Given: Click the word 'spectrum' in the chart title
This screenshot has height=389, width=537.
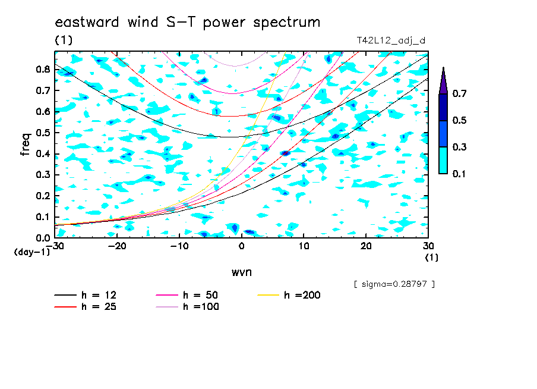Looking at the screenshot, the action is [287, 23].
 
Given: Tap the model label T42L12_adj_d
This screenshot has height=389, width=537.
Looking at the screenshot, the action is [391, 41].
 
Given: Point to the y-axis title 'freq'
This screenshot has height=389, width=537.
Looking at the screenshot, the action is [26, 145].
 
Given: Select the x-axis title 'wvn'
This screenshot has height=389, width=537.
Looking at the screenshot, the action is [241, 272].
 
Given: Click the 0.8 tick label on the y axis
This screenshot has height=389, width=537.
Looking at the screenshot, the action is [43, 69].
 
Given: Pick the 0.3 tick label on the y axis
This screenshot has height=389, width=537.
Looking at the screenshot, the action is [43, 175].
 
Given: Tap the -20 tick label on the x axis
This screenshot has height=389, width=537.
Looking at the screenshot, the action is [117, 246].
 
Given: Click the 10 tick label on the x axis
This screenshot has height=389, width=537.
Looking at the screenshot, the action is [304, 246].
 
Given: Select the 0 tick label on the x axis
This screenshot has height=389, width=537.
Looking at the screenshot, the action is [241, 246].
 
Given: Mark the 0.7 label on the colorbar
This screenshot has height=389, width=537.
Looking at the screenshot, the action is [459, 93].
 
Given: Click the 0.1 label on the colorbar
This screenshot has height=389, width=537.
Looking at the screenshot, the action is [459, 174].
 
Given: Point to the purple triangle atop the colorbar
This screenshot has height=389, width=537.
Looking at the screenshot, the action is [443, 81].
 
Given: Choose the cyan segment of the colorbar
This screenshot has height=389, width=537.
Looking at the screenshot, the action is [443, 161].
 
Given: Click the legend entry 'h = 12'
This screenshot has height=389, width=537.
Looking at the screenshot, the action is [86, 295].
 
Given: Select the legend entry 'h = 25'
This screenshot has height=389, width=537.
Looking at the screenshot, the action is [86, 307].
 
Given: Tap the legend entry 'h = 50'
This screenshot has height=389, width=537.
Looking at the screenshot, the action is [187, 295].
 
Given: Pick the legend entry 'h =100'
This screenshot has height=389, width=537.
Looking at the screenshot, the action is [187, 307].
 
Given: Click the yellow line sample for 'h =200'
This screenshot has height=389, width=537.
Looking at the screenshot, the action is [268, 295].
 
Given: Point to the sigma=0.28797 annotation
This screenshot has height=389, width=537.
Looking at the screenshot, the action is [394, 284].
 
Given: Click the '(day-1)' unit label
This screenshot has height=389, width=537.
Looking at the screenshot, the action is [32, 252].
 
